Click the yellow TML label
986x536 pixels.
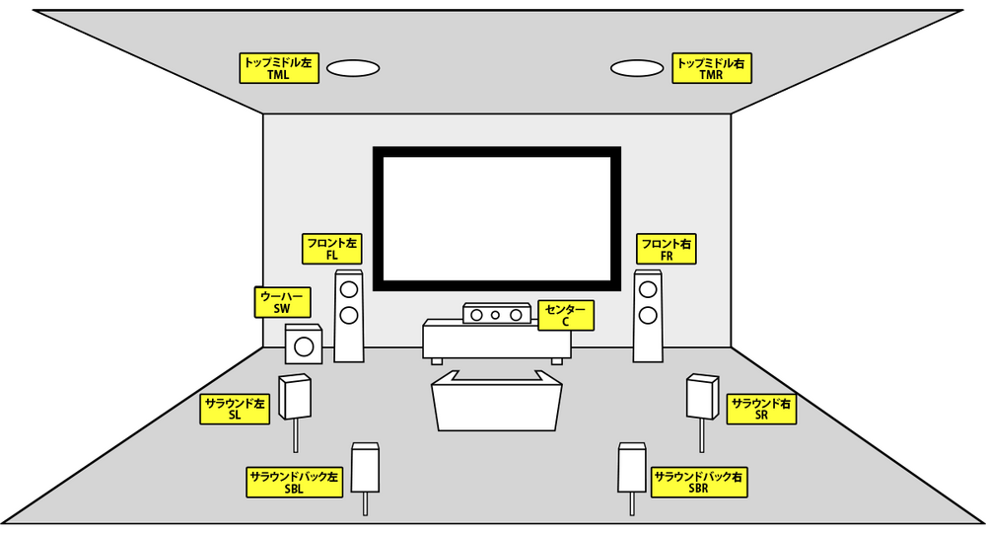[279, 68]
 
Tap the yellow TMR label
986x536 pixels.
[710, 68]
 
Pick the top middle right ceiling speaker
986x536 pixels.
[637, 68]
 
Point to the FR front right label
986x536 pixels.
[667, 249]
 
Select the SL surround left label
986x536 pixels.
[235, 410]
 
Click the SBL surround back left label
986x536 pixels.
[294, 482]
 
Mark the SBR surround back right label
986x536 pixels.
[698, 482]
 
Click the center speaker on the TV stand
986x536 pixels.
[493, 314]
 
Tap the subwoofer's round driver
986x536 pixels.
[303, 347]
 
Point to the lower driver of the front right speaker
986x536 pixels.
[648, 315]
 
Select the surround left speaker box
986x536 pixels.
[297, 397]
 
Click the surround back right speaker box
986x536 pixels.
[631, 468]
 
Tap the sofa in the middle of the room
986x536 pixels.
[496, 402]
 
